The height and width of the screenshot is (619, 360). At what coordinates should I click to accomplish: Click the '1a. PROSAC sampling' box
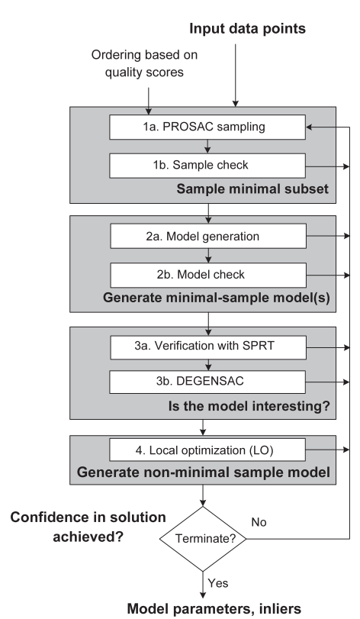(207, 128)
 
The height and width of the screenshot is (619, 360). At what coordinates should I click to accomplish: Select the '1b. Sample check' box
(207, 163)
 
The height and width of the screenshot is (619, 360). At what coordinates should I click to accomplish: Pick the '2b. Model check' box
(207, 273)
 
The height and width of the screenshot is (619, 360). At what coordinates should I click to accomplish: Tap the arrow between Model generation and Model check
(207, 256)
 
